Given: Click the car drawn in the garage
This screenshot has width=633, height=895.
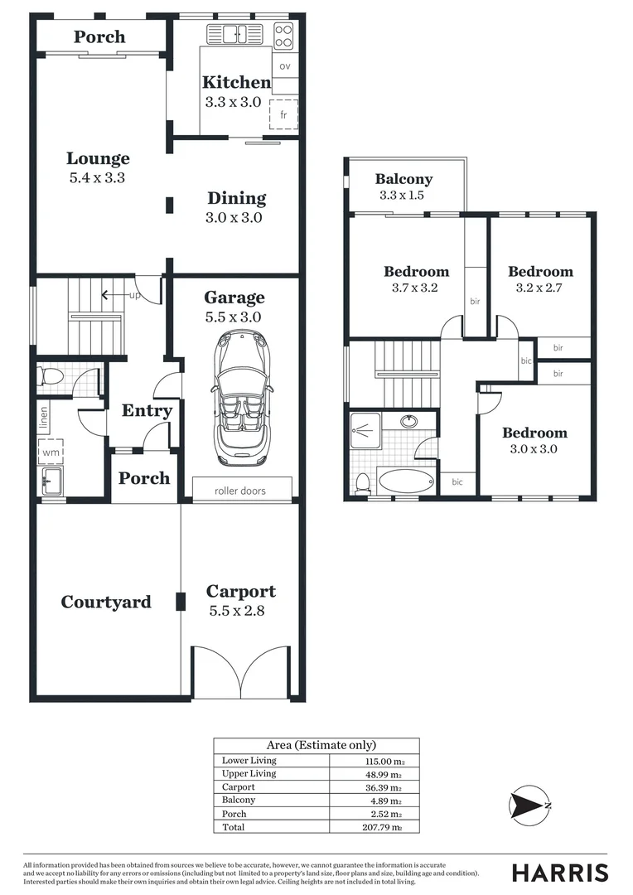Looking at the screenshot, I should [239, 397].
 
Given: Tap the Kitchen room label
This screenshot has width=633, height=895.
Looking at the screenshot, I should [236, 82].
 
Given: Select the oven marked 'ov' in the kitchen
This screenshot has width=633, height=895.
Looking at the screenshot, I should [284, 66].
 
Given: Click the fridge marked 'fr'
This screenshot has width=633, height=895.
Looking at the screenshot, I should [283, 114].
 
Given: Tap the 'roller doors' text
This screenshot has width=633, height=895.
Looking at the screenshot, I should [240, 491].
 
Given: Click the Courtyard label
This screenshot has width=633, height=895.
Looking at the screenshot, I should [106, 602].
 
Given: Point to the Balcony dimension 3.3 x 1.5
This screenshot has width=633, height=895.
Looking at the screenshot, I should [401, 196].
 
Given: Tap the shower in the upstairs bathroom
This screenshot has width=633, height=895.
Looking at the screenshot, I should [365, 430].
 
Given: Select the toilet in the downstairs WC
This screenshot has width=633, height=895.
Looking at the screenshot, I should [51, 378].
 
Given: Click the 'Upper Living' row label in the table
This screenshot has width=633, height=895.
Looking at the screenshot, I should [249, 773].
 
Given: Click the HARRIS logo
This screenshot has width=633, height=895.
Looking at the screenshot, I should [559, 872].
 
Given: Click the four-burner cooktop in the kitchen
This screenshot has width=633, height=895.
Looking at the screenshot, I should [283, 36].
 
